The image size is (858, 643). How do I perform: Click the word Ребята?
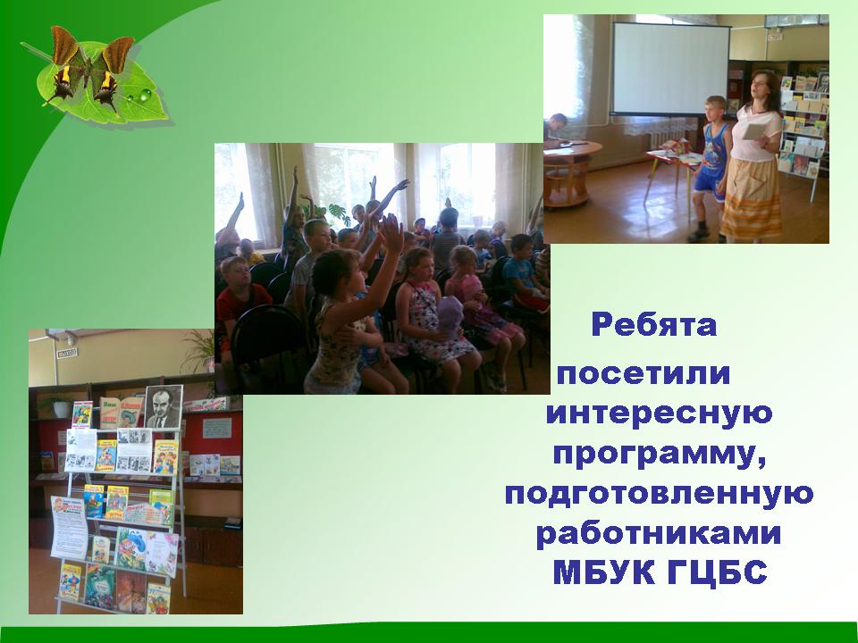coord(654,325)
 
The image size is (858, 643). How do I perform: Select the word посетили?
coord(643,373)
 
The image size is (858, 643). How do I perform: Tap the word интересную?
coord(659,413)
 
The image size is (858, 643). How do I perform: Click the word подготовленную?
coord(659,494)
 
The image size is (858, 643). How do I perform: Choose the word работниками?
coord(659,533)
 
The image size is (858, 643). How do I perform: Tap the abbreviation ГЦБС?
coord(718,572)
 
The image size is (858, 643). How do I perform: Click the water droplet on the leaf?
coord(145,96)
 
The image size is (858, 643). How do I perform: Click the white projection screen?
coord(671,69)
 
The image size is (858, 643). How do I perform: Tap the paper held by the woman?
coord(754,131)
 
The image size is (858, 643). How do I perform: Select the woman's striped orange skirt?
coord(752,199)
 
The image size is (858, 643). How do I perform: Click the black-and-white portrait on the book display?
coord(164,407)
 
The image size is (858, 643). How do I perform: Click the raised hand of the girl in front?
coord(391,233)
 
